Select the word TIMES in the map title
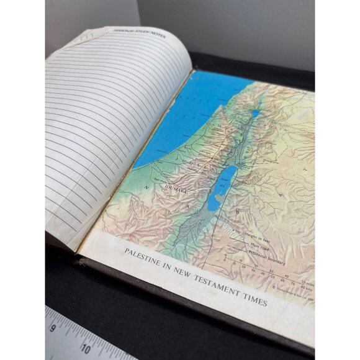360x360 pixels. point(255,302)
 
